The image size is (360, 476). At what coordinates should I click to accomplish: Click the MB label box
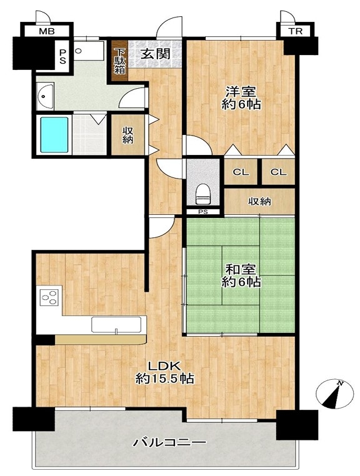pos(47,31)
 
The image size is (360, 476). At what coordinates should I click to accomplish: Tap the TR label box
pos(295,31)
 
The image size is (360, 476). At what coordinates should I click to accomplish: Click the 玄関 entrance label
pos(155,54)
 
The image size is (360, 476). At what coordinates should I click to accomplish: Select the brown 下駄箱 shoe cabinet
pos(119,61)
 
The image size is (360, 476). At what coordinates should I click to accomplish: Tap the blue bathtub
pos(54,135)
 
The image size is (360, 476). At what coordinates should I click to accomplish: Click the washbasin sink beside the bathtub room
pos(45,96)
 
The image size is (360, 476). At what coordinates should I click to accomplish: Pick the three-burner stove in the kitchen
pos(49,297)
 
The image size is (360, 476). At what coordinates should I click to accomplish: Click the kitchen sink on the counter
pos(116,325)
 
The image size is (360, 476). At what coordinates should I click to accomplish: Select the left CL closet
pos(241,172)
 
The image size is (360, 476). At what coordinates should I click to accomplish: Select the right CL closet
pos(278,172)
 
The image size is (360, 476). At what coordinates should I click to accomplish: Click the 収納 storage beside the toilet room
pos(260,202)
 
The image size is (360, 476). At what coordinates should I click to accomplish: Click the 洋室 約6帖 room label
pos(241,97)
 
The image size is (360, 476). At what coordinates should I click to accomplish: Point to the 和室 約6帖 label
pos(241,275)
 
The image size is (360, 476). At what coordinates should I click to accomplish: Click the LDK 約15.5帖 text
pos(164,372)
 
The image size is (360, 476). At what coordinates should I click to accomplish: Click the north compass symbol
pos(335,394)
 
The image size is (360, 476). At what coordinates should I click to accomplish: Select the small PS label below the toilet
pos(203,212)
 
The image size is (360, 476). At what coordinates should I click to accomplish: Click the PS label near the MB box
pos(62,56)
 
